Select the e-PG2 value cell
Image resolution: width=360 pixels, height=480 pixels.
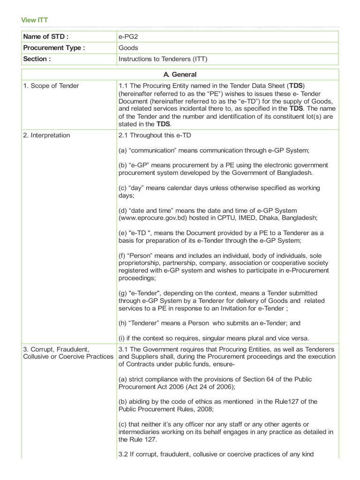(129, 37)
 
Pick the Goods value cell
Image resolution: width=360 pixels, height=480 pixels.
(128, 48)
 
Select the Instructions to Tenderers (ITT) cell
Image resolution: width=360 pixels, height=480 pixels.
(163, 59)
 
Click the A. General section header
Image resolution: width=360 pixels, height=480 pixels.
(180, 75)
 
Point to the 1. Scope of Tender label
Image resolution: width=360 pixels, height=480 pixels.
(51, 86)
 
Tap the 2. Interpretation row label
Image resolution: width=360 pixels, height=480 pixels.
(46, 135)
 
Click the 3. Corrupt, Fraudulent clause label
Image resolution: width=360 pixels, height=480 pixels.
(56, 349)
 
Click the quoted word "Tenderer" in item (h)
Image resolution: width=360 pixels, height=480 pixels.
(147, 323)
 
